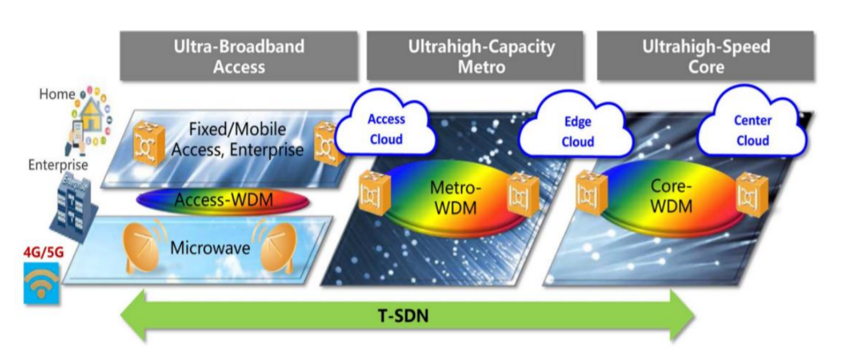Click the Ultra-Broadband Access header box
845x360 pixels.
pyautogui.click(x=239, y=56)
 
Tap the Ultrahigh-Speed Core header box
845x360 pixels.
pyautogui.click(x=706, y=56)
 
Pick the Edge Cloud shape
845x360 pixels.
pyautogui.click(x=577, y=131)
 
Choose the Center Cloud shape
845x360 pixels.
pyautogui.click(x=752, y=130)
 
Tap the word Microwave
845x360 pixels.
pyautogui.click(x=210, y=249)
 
